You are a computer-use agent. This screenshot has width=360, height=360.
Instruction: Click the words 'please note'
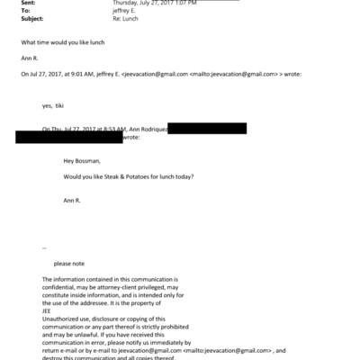(70, 264)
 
